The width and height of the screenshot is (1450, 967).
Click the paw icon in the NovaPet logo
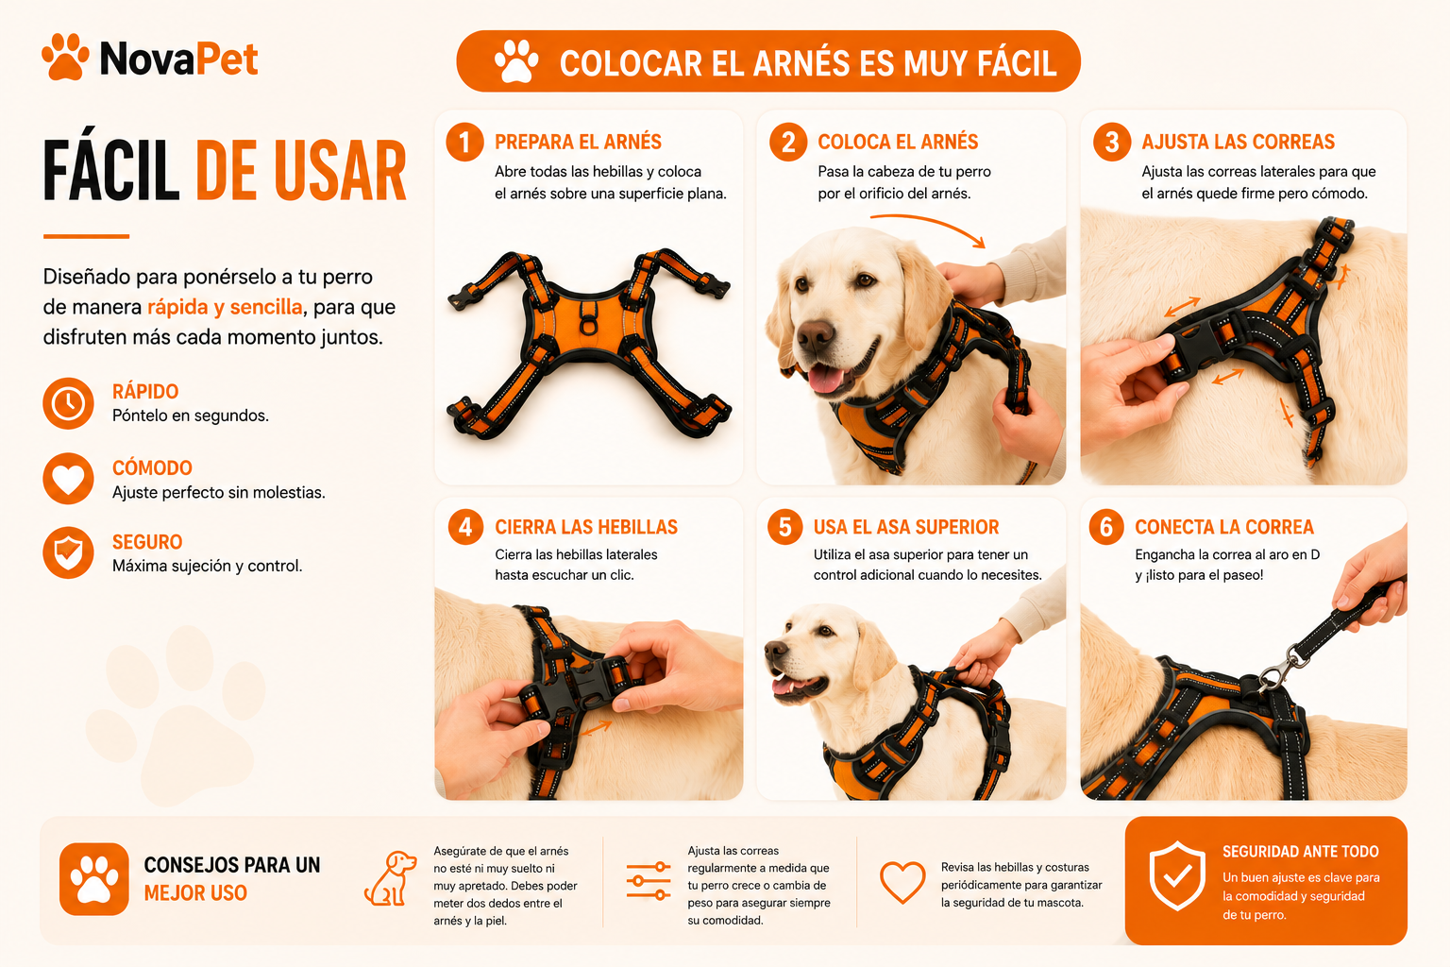pos(65,57)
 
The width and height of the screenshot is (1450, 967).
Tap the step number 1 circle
pos(464,142)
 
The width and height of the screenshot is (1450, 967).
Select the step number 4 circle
pos(465,527)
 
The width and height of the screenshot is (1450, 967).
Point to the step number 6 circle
pos(1106,527)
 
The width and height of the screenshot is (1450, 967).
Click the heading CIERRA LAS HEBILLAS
pos(586,527)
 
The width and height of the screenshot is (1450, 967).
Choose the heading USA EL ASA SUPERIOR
pos(906,527)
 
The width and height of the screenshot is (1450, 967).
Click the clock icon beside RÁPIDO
pos(69,403)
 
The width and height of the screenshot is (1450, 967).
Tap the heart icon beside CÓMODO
pos(69,479)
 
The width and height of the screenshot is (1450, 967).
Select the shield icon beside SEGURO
pos(69,552)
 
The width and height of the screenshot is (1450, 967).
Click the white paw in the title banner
pos(516,61)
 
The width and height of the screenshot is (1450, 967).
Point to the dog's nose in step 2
pos(815,333)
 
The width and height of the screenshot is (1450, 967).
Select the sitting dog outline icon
pos(390,878)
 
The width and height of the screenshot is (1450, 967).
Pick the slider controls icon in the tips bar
pos(649,881)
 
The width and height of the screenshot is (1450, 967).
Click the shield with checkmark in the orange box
pos(1177,875)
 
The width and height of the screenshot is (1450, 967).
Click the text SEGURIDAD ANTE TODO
pos(1301,852)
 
